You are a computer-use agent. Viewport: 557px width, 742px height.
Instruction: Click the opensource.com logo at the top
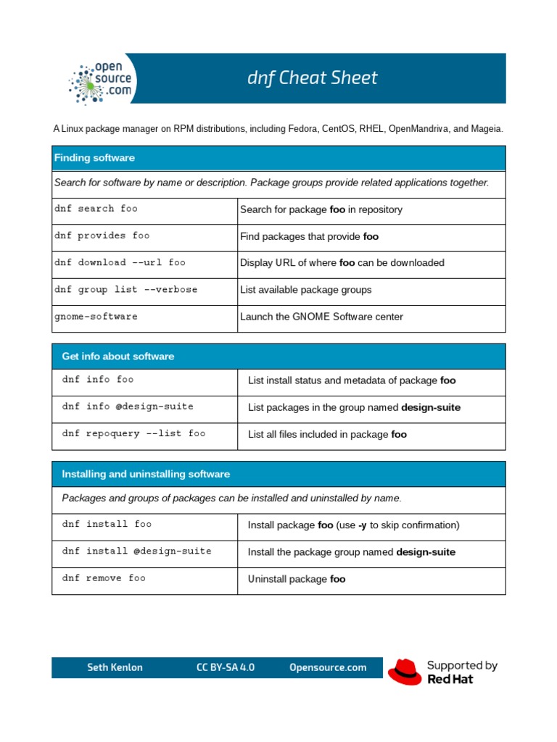pos(102,80)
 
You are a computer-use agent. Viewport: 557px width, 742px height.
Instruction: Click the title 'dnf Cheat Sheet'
pos(312,78)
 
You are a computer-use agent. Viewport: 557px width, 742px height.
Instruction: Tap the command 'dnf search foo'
pos(96,209)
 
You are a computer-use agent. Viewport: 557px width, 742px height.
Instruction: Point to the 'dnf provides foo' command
pos(102,235)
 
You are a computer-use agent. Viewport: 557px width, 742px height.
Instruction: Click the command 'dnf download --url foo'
pos(120,262)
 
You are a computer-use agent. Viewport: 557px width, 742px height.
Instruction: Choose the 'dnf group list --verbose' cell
pos(125,289)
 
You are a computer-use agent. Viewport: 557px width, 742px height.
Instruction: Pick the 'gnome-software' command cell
pos(96,317)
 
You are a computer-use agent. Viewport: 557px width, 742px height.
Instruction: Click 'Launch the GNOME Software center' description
pos(321,317)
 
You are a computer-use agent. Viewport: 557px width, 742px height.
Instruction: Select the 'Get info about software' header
pos(118,357)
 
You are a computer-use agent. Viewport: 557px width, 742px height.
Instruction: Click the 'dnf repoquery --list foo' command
pos(133,433)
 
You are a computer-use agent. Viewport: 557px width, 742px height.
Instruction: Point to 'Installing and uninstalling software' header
pos(146,474)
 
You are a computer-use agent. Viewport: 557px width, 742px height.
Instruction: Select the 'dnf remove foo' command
pos(104,578)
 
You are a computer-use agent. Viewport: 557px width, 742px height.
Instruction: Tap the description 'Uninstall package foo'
pos(297,579)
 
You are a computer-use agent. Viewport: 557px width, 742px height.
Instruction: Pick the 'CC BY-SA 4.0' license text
pos(226,667)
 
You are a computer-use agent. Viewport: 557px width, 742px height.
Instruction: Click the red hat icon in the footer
pos(404,672)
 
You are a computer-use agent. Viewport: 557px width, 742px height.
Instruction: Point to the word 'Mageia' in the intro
pos(485,129)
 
